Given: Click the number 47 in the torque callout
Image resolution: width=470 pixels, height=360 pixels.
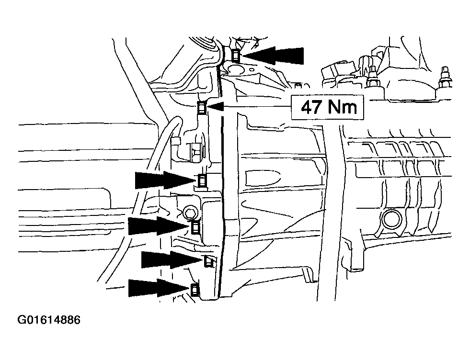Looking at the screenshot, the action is [x=311, y=107].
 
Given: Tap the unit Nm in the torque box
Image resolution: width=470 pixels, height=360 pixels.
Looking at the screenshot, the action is [x=342, y=107].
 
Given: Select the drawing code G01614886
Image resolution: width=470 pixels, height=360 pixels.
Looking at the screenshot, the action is [x=49, y=320].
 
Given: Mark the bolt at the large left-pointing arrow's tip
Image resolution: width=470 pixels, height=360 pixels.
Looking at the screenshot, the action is [x=236, y=55].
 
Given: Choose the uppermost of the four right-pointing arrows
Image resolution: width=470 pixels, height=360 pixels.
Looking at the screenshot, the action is [x=165, y=180].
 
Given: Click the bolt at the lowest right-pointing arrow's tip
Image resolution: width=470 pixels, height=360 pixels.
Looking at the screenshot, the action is [x=195, y=289].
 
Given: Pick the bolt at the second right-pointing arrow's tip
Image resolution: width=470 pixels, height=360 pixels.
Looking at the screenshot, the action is [x=195, y=227].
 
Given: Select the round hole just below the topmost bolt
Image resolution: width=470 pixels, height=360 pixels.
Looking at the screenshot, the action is [x=235, y=68].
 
